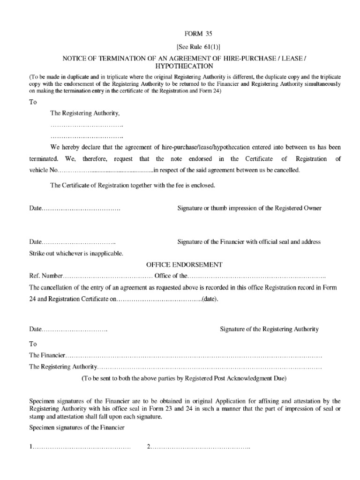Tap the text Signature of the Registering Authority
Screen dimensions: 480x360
pyautogui.click(x=269, y=329)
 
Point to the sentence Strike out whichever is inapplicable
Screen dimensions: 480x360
pyautogui.click(x=76, y=254)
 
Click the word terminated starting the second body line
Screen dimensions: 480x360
pyautogui.click(x=44, y=159)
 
